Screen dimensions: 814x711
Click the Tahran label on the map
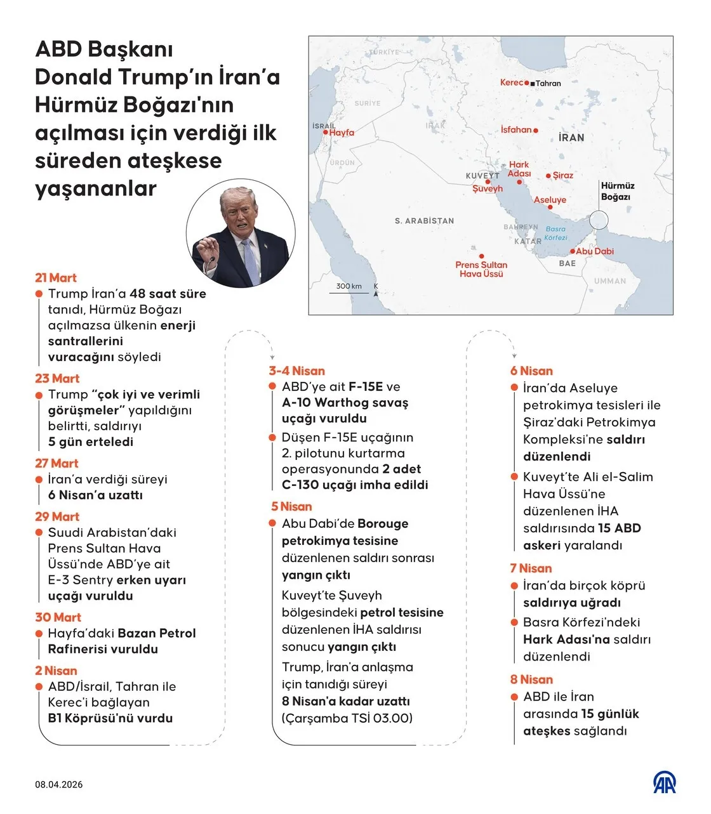548,83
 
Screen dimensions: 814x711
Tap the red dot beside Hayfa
326,133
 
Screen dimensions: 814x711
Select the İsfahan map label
516,129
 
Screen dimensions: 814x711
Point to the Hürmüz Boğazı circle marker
598,220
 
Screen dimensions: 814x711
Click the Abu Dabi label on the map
595,251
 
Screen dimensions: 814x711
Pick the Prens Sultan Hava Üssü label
481,269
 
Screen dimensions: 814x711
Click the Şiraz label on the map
563,175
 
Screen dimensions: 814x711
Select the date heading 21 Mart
56,278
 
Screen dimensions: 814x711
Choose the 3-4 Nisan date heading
296,371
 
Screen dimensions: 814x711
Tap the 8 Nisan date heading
531,679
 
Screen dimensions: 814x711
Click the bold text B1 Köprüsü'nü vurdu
110,718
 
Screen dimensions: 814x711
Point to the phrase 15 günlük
610,714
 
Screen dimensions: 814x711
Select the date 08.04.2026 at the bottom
59,785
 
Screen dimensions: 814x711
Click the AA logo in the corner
665,782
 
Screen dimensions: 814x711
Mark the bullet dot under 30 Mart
40,633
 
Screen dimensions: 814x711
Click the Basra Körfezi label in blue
555,233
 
